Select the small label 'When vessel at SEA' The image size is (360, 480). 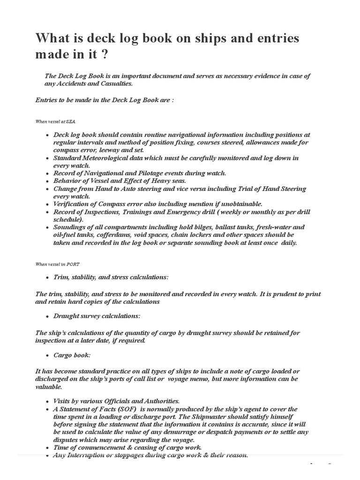(x=55, y=121)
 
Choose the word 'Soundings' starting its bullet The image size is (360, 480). (x=69, y=226)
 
